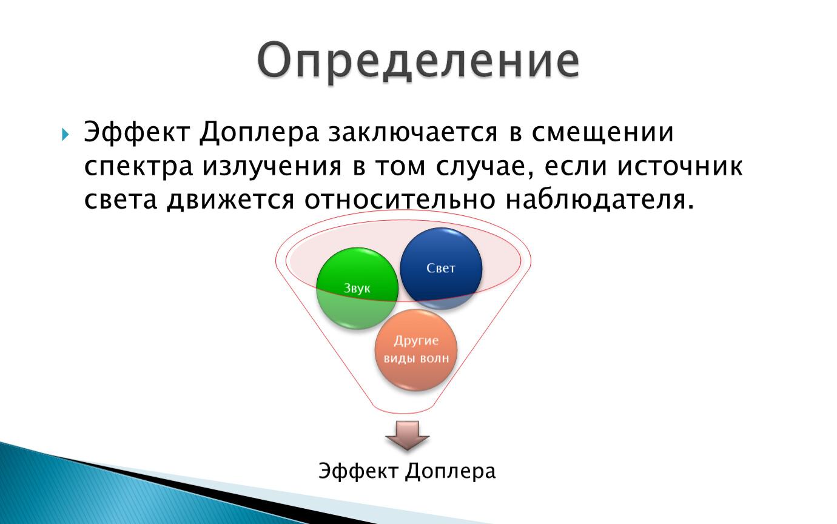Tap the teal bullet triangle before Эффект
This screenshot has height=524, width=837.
tap(66, 134)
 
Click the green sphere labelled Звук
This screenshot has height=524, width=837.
tap(357, 288)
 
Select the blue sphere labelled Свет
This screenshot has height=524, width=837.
tap(441, 268)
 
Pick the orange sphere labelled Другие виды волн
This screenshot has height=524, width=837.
tap(416, 350)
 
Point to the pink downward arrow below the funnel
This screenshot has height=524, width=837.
tap(408, 435)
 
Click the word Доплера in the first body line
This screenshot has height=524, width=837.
tap(259, 133)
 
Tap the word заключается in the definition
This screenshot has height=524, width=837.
tap(413, 133)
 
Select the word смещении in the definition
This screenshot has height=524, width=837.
tap(603, 133)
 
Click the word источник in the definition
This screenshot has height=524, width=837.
tap(680, 167)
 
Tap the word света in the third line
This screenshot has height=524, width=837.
tap(120, 200)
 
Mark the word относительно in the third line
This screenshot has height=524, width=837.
tap(400, 200)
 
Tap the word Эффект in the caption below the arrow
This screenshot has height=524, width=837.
tap(358, 471)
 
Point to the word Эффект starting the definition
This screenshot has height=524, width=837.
tap(136, 133)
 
